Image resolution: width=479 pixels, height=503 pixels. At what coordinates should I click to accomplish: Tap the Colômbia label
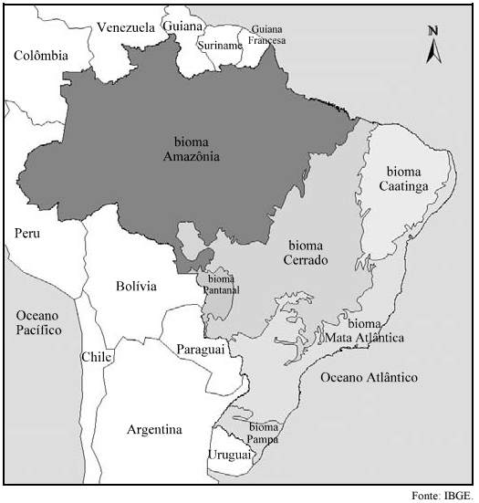41,56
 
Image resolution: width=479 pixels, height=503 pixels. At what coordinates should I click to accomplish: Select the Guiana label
182,26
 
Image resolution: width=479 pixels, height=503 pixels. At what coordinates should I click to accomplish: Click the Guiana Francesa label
267,36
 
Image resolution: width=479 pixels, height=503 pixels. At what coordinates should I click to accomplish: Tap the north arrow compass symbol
433,45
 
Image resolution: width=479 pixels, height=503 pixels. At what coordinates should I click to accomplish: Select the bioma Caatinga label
404,179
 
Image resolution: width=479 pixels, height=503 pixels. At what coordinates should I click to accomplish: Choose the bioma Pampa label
264,433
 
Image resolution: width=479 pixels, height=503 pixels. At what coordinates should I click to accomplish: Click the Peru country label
27,234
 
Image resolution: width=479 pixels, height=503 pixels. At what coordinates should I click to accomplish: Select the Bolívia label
136,287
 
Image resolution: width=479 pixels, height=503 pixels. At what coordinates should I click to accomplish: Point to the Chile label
96,357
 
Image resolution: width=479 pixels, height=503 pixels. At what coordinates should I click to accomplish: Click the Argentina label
154,429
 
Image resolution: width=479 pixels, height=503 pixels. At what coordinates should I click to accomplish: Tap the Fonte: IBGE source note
442,495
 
